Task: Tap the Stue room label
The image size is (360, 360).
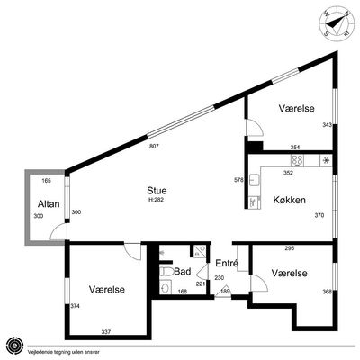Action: click(x=157, y=191)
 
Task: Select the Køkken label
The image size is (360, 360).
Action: click(x=289, y=200)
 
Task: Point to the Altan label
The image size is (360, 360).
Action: click(x=49, y=204)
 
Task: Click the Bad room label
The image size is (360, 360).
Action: click(x=183, y=272)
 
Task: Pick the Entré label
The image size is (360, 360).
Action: click(x=227, y=263)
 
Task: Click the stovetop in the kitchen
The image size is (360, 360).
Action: click(x=297, y=160)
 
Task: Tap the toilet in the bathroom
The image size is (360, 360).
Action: click(x=166, y=272)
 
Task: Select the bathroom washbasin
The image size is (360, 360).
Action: click(x=165, y=287)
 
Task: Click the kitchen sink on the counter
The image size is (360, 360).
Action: click(x=255, y=180)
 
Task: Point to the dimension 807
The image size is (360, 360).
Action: click(x=154, y=147)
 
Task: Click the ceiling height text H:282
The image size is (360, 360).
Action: click(x=157, y=200)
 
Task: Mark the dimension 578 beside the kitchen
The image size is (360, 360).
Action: click(x=238, y=180)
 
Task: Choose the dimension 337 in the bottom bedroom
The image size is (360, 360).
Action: click(x=106, y=332)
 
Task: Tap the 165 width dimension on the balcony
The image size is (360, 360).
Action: click(x=47, y=181)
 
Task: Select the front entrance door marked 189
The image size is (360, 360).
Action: click(x=223, y=294)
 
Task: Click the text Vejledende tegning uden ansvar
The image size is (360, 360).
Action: click(x=63, y=352)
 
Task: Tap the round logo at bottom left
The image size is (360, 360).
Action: click(x=14, y=346)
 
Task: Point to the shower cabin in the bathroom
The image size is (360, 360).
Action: click(x=199, y=251)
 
